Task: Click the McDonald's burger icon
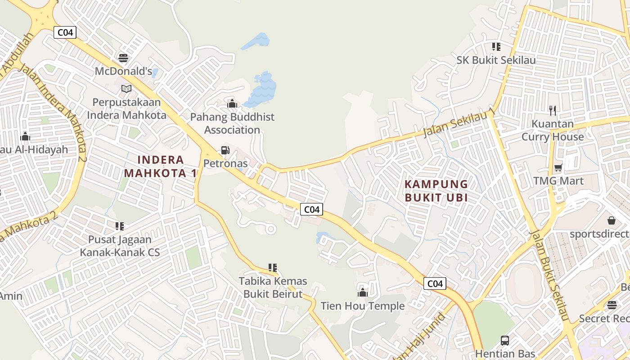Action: (x=123, y=58)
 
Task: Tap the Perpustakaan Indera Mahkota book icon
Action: (x=126, y=89)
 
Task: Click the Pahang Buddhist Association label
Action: (x=232, y=123)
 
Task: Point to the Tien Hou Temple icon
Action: (x=363, y=293)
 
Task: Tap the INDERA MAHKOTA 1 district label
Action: (x=161, y=166)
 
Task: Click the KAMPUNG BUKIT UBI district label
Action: (x=436, y=190)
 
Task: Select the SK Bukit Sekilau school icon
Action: (x=496, y=47)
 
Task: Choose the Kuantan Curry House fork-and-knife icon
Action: (x=553, y=110)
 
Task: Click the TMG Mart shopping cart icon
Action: (x=558, y=168)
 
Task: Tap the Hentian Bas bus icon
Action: (x=505, y=341)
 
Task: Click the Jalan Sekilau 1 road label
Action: (x=459, y=123)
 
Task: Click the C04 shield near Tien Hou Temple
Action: (x=435, y=283)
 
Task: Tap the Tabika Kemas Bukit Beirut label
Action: (x=273, y=288)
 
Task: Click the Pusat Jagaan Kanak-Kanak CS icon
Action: (x=120, y=226)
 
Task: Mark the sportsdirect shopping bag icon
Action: (x=612, y=220)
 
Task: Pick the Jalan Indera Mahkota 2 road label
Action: (x=52, y=112)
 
